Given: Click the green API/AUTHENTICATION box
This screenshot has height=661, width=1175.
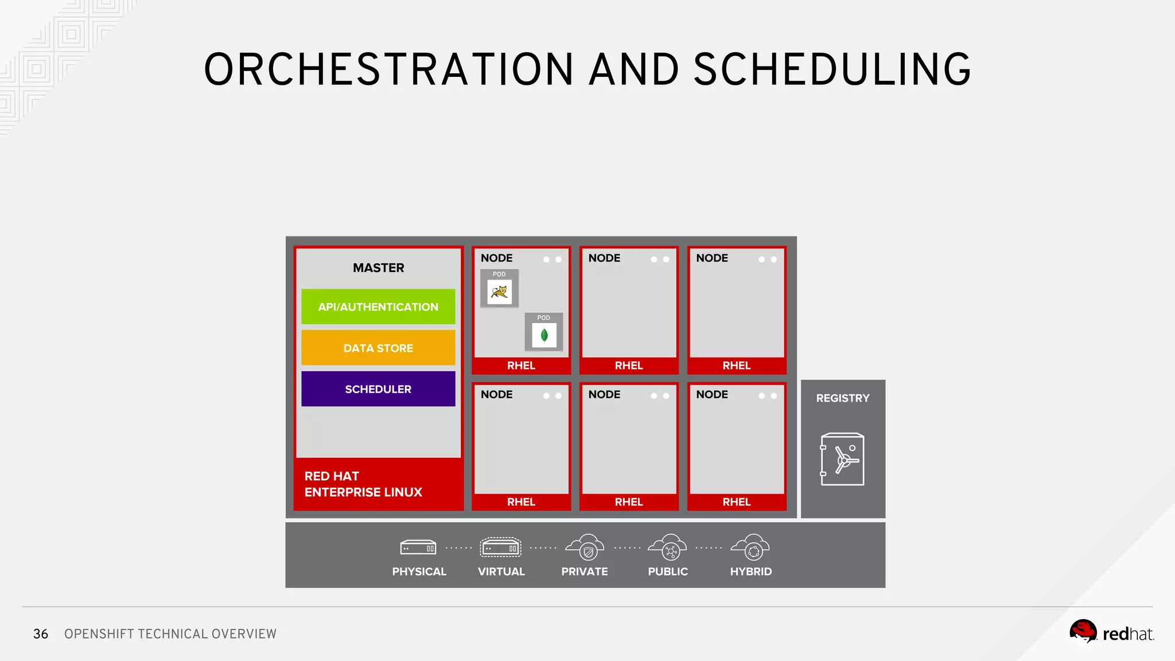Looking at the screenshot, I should coord(378,307).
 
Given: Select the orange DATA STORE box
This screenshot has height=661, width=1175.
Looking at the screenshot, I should coord(378,348).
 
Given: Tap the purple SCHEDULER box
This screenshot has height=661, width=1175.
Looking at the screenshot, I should coord(378,389).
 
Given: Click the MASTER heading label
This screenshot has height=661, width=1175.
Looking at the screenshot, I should coord(378,268).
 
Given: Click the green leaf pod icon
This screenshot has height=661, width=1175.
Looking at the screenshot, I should coord(544,335).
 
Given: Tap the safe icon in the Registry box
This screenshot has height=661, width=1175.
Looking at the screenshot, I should coord(842,459).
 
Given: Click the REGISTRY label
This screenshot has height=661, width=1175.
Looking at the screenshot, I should coord(842,398).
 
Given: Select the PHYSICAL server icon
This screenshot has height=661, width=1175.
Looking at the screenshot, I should coord(418,548).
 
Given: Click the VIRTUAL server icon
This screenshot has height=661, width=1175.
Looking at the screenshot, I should coord(500,548).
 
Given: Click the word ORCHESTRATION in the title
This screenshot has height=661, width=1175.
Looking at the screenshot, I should coord(388,69).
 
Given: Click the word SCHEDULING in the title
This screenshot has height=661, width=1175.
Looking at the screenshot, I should coord(832,69).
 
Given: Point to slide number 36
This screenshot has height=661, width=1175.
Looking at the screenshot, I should coord(41,634).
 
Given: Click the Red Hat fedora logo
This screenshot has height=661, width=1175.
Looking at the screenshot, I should coord(1083,632).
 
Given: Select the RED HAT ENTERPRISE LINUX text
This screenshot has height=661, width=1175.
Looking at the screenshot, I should coord(363,484).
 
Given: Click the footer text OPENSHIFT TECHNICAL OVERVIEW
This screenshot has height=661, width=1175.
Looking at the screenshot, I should coord(170,634).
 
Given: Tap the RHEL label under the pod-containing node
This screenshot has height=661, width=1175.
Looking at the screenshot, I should coord(521,366).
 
